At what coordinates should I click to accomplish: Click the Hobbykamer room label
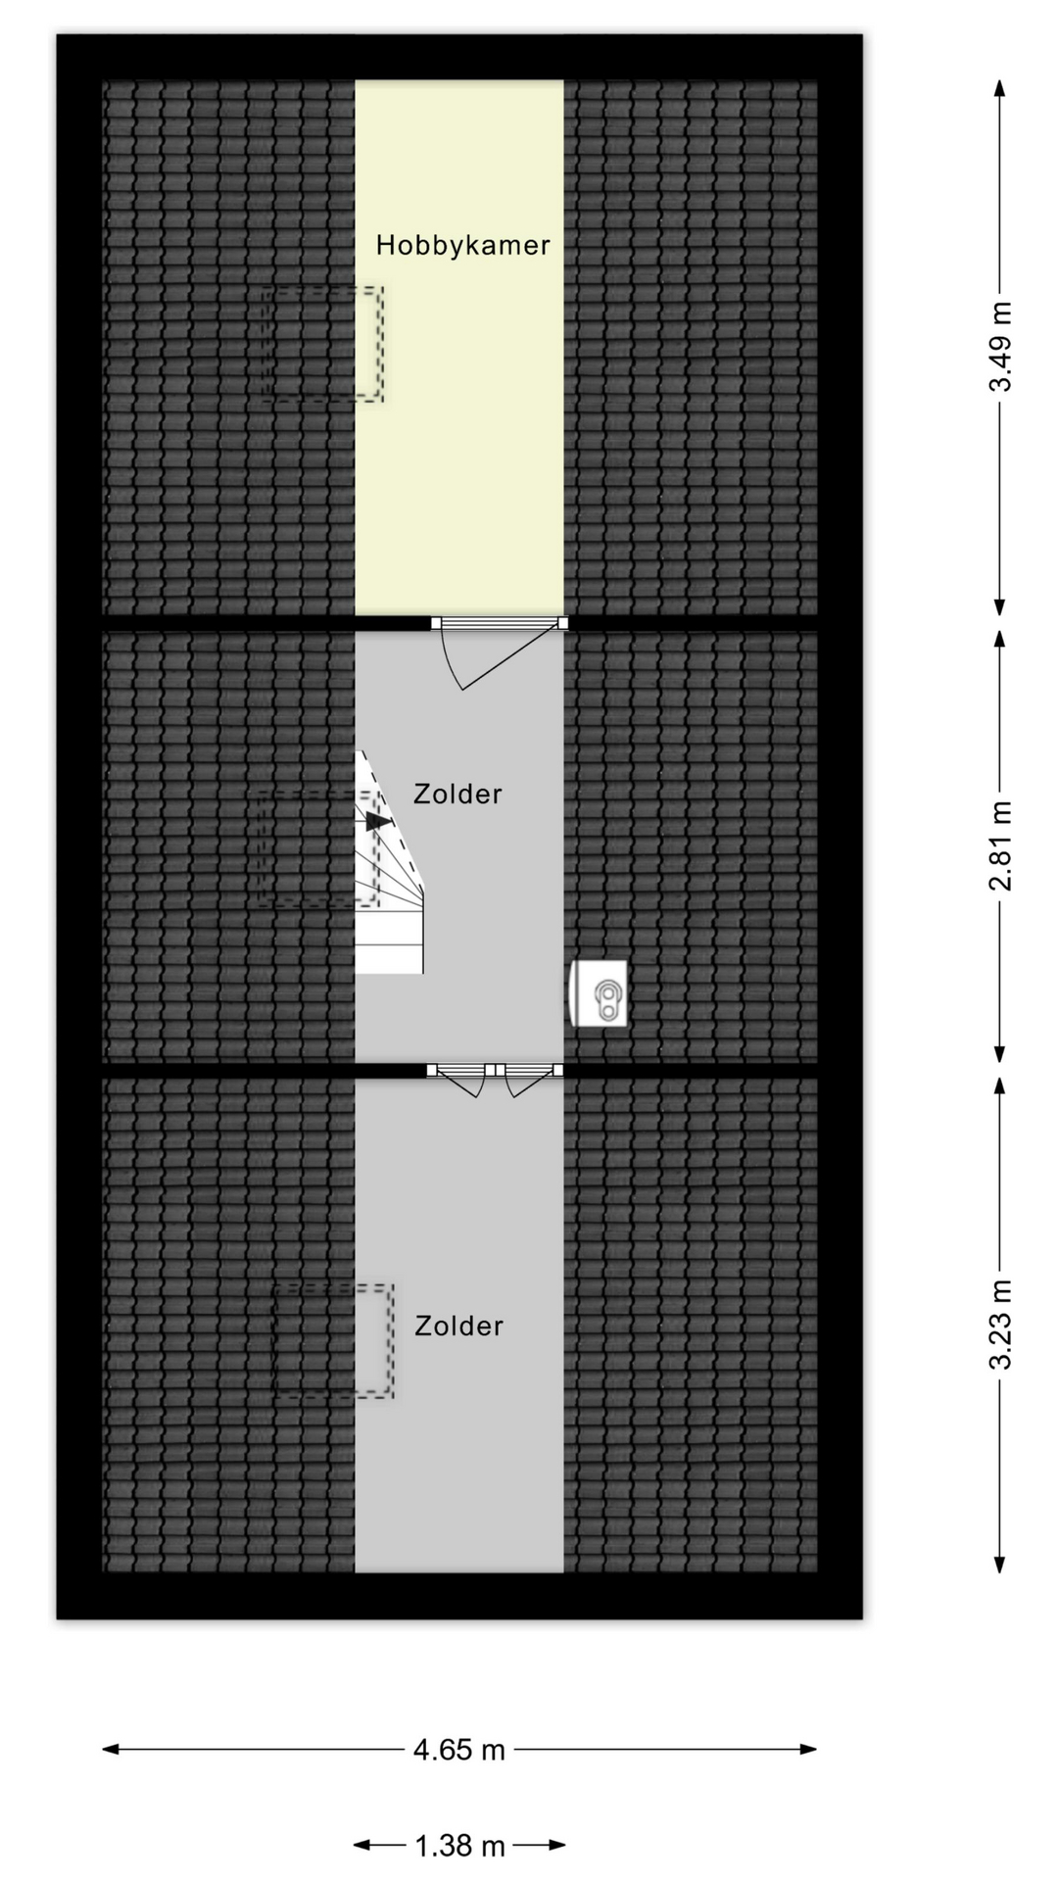pyautogui.click(x=462, y=245)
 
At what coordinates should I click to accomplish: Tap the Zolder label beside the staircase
pyautogui.click(x=457, y=794)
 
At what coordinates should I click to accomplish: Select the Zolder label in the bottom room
pyautogui.click(x=457, y=1326)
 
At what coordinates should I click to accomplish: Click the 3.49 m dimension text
pyautogui.click(x=999, y=347)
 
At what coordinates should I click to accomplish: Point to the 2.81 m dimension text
pyautogui.click(x=999, y=845)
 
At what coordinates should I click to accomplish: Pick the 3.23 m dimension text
pyautogui.click(x=999, y=1325)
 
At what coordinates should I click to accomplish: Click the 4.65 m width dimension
pyautogui.click(x=458, y=1750)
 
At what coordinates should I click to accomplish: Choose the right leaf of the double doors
pyautogui.click(x=528, y=1080)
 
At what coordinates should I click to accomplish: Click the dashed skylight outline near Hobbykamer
pyautogui.click(x=322, y=344)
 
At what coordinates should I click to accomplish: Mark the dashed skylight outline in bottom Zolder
pyautogui.click(x=333, y=1340)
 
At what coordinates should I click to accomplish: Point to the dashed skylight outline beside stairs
pyautogui.click(x=315, y=848)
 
